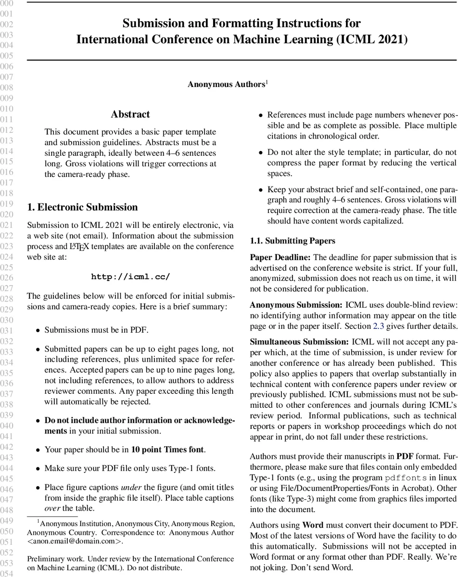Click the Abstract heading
[x=130, y=114]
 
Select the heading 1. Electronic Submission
[x=82, y=207]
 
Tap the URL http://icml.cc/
[x=130, y=276]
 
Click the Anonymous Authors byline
[x=227, y=84]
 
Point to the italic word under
[x=129, y=488]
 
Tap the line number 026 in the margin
[x=7, y=277]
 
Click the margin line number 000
[x=7, y=4]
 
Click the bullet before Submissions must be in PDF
[x=38, y=331]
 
